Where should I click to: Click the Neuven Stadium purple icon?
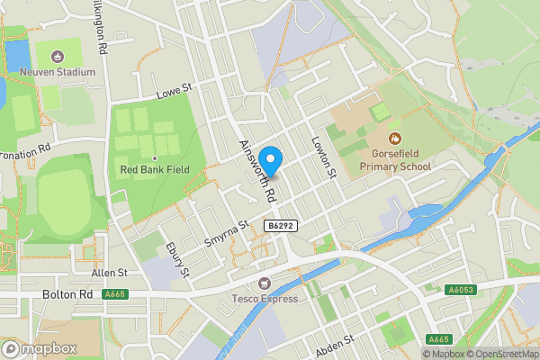pos(61,57)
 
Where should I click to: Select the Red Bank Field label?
pos(149,170)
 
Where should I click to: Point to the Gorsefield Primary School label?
pos(395,159)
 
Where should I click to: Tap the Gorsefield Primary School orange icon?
pos(394,139)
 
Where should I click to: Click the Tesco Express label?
pos(267,299)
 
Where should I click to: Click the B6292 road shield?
pos(281,224)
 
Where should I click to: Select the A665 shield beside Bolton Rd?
pos(115,294)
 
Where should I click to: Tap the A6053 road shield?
pos(460,290)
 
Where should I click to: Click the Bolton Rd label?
pos(67,294)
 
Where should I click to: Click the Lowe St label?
pos(175,90)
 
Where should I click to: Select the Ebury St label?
pos(176,259)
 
